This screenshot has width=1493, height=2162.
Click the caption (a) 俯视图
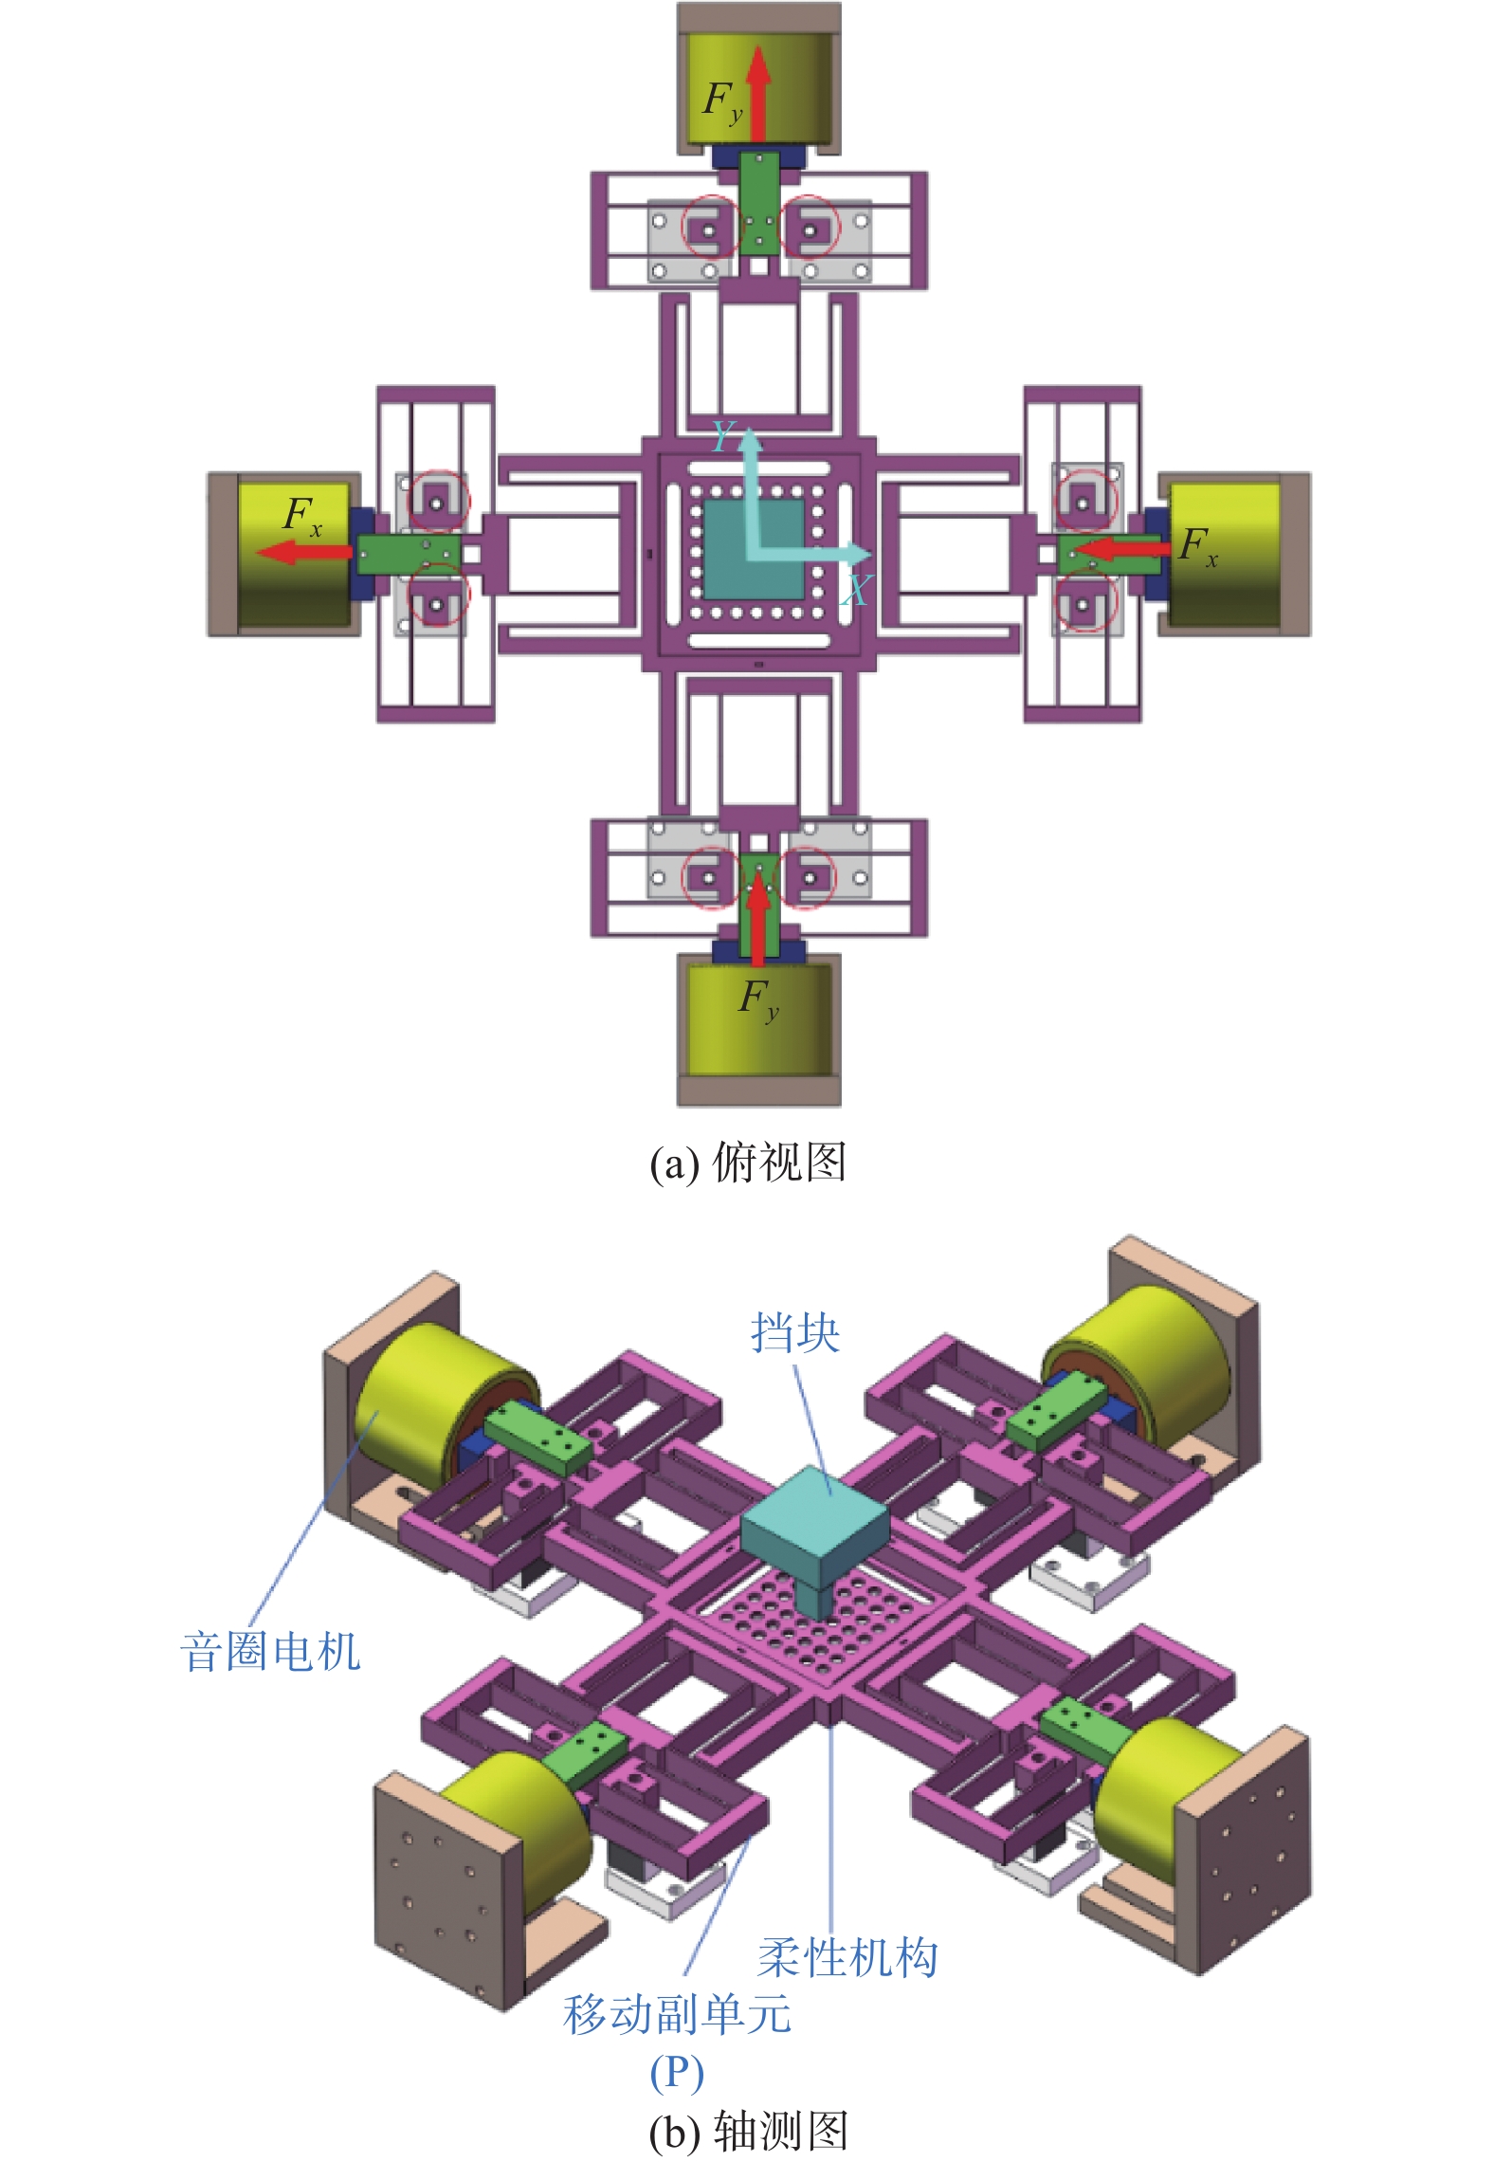pyautogui.click(x=747, y=1163)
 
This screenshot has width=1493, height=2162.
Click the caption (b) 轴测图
pyautogui.click(x=747, y=2131)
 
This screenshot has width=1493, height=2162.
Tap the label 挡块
pyautogui.click(x=795, y=1332)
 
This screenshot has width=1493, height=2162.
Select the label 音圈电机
pyautogui.click(x=270, y=1651)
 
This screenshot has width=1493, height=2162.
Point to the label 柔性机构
pyautogui.click(x=847, y=1957)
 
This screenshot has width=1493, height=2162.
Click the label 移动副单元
pyautogui.click(x=678, y=2014)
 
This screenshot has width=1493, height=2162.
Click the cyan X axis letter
pyautogui.click(x=855, y=591)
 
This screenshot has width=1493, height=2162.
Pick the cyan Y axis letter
pyautogui.click(x=723, y=436)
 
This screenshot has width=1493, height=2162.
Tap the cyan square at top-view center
pyautogui.click(x=755, y=550)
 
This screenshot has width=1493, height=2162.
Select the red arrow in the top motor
pyautogui.click(x=757, y=95)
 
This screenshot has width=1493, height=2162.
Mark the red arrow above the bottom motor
pyautogui.click(x=757, y=918)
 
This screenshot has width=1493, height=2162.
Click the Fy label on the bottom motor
pyautogui.click(x=759, y=999)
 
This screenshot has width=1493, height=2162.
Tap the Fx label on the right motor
pyautogui.click(x=1198, y=547)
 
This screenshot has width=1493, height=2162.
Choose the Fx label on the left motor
pyautogui.click(x=303, y=517)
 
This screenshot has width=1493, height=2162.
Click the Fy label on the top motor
pyautogui.click(x=722, y=101)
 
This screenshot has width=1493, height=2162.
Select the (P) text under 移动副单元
pyautogui.click(x=677, y=2073)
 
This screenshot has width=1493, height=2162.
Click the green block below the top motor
pyautogui.click(x=758, y=203)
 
